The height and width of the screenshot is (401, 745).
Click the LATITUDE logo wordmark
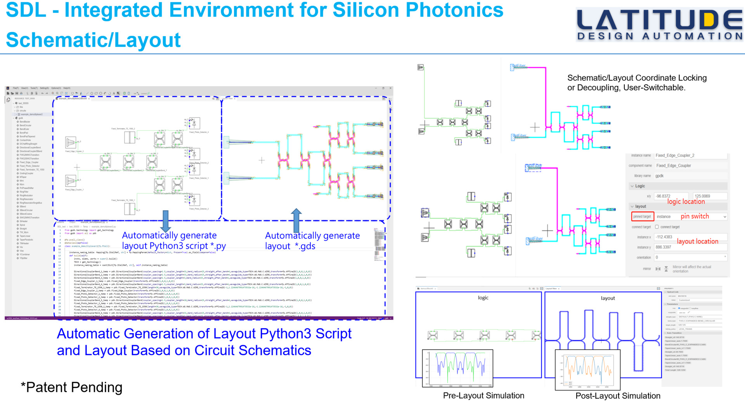pos(659,21)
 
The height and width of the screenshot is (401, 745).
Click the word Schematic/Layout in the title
pos(93,40)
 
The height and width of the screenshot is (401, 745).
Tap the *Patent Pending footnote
pos(71,387)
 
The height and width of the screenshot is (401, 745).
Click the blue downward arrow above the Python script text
pos(166,221)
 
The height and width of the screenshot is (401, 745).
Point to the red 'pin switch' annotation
pos(695,216)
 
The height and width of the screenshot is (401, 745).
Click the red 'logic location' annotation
pos(686,202)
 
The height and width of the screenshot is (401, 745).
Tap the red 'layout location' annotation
pos(697,241)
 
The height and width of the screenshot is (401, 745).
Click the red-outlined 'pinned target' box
pos(642,216)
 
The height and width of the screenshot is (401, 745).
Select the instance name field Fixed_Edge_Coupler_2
pos(675,156)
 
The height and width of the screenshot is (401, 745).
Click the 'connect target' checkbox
pos(657,227)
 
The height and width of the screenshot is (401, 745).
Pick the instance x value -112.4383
pos(664,237)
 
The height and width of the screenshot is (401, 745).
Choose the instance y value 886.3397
pos(664,247)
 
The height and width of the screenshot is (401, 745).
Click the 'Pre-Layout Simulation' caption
pos(483,396)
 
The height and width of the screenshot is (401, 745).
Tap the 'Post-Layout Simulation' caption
pos(618,396)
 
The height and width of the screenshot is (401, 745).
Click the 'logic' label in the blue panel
pos(483,298)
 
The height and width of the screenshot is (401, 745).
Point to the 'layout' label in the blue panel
pos(608,298)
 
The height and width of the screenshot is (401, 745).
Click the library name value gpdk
pos(660,176)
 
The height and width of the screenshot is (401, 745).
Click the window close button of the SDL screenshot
pos(390,88)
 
